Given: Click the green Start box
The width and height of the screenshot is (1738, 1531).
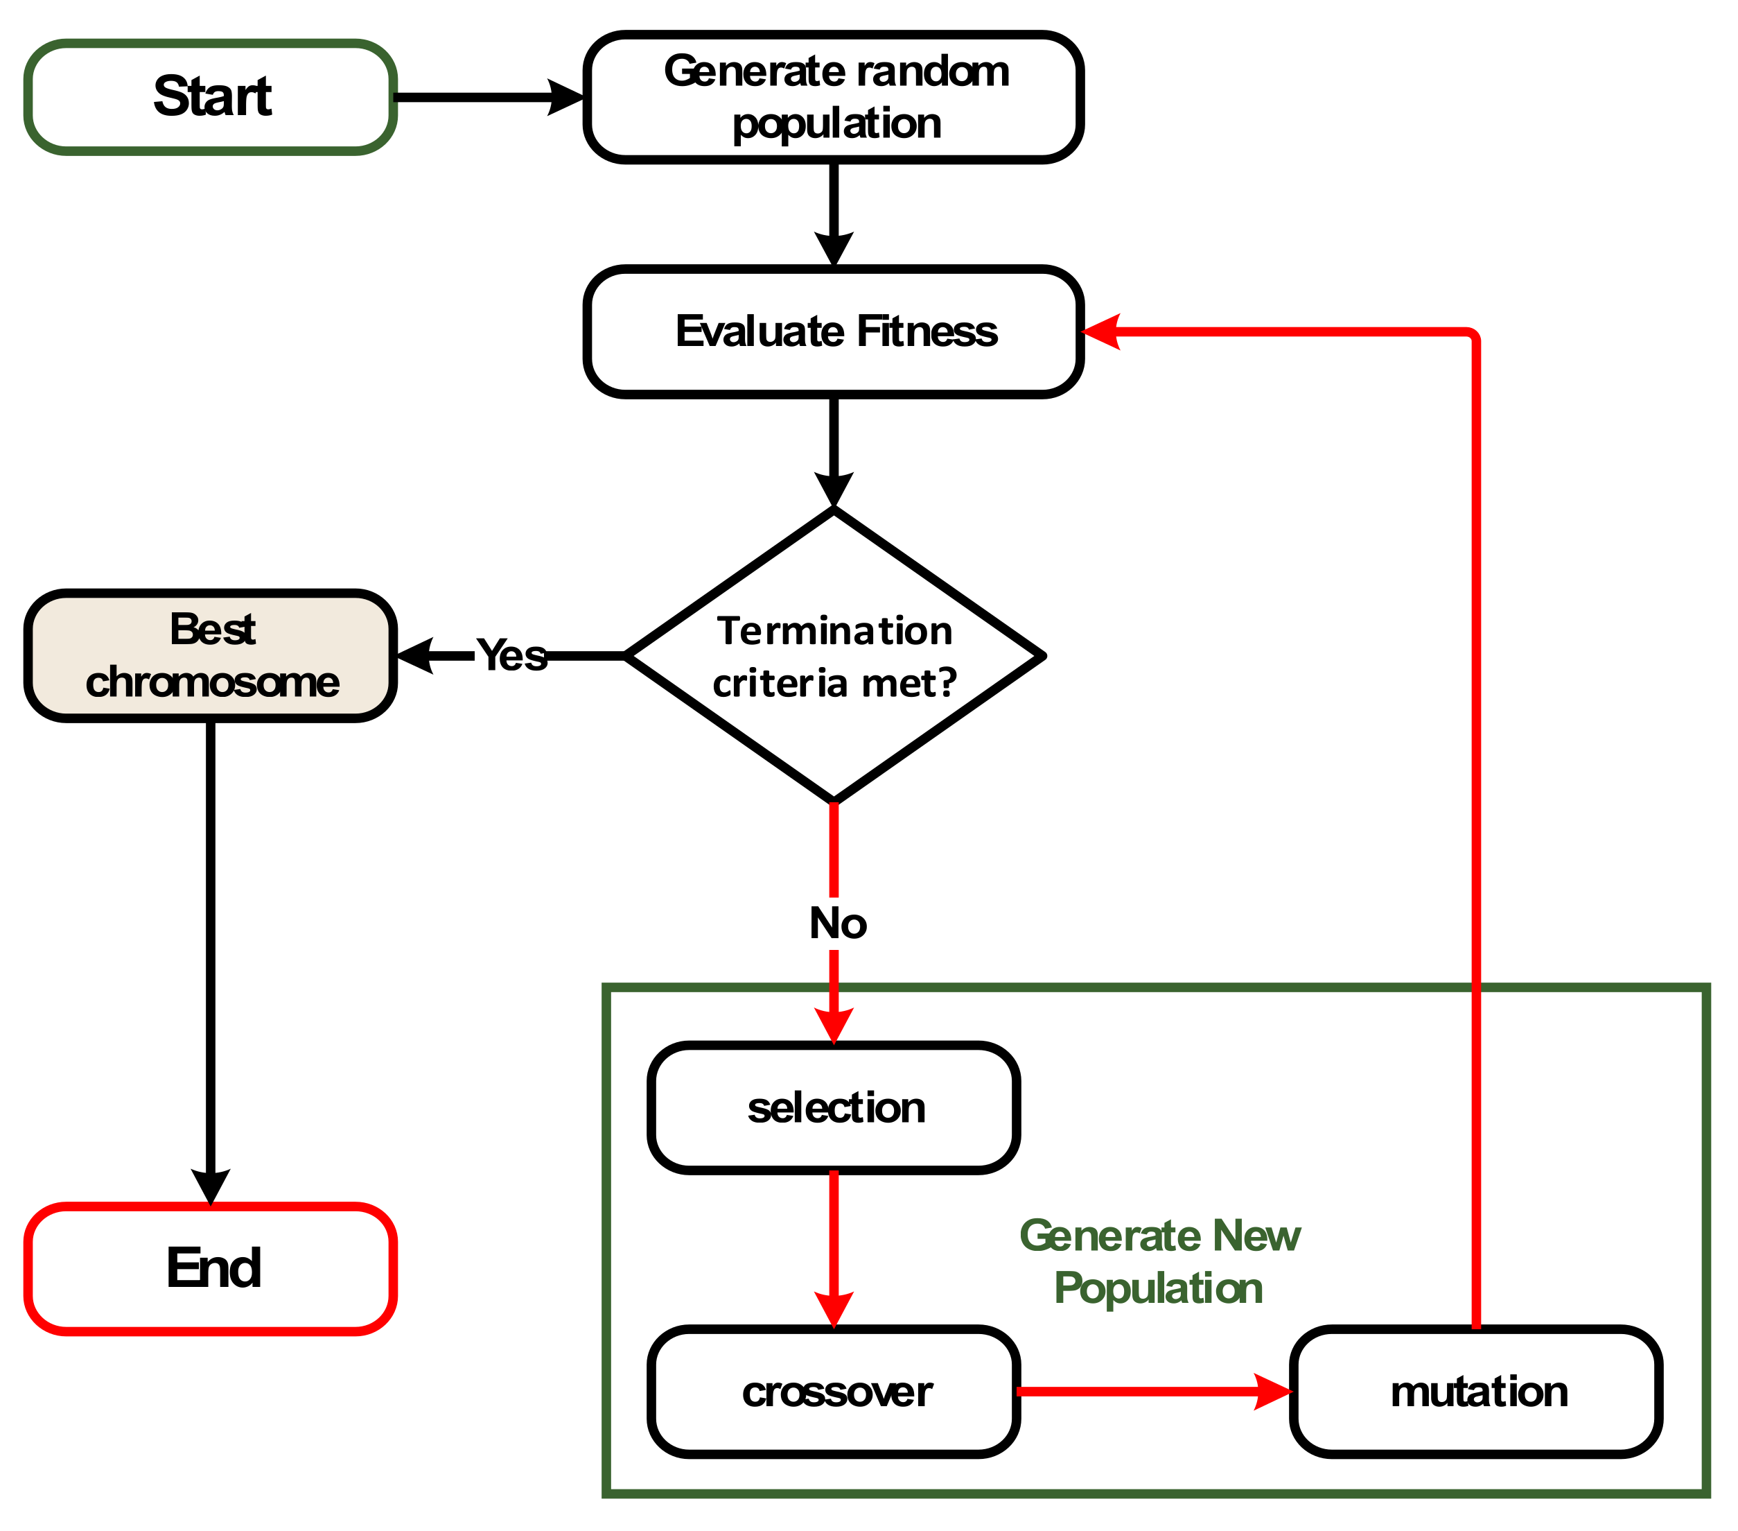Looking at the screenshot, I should tap(210, 97).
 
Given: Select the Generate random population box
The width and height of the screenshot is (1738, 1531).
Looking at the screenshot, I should tap(833, 97).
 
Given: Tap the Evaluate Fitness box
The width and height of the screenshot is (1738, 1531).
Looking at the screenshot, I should tap(833, 331).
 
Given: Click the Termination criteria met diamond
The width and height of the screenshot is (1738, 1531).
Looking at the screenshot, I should tap(833, 656).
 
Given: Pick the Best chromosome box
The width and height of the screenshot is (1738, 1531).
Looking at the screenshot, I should tap(210, 656).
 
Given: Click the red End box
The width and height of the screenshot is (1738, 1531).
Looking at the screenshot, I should tap(210, 1268).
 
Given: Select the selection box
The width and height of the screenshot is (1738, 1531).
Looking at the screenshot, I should tap(833, 1108).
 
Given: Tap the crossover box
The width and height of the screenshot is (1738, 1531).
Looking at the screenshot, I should tap(833, 1392).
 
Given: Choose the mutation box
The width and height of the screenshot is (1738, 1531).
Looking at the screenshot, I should tap(1475, 1392).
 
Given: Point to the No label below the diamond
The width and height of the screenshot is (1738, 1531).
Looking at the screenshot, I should tap(838, 924).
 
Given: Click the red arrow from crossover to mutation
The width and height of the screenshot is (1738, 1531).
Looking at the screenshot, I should tap(1148, 1392).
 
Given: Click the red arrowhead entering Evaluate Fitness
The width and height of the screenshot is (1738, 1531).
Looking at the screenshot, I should tap(1101, 331).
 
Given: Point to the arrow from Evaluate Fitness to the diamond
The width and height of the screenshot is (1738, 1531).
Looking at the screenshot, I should tap(833, 447).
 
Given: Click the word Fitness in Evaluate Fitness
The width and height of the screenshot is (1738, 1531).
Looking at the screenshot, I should tap(927, 331).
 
